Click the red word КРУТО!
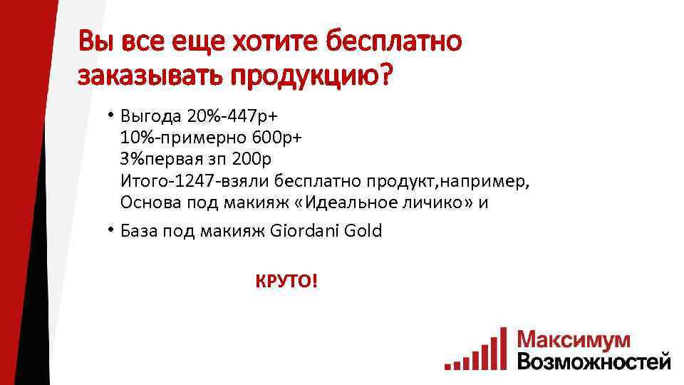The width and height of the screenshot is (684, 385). coord(287,282)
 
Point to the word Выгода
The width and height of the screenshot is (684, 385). coord(150,115)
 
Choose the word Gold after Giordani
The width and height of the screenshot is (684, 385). coord(364,231)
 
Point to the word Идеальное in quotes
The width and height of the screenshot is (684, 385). coord(350,202)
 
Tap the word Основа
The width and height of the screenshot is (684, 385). coord(151,202)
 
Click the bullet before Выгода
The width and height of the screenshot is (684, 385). coord(112,114)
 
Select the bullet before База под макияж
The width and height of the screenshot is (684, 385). coord(112,230)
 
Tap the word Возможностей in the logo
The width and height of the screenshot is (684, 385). coord(594,361)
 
